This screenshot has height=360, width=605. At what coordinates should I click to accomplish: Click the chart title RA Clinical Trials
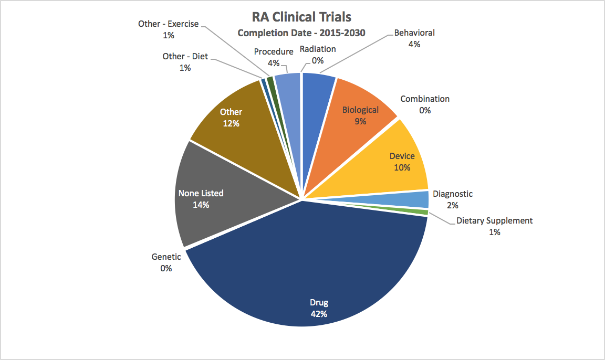pyautogui.click(x=302, y=17)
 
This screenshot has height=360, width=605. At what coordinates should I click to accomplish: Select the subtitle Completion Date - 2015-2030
pyautogui.click(x=301, y=33)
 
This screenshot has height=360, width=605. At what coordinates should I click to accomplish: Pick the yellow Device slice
pyautogui.click(x=390, y=162)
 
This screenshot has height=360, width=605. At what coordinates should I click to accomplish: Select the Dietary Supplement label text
pyautogui.click(x=494, y=220)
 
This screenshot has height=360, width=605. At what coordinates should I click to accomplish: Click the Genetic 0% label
pyautogui.click(x=166, y=262)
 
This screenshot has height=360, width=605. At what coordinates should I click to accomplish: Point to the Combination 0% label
pyautogui.click(x=425, y=104)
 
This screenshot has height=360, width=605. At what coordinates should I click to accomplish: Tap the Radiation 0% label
pyautogui.click(x=318, y=55)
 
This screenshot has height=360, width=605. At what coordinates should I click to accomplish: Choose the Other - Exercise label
pyautogui.click(x=168, y=24)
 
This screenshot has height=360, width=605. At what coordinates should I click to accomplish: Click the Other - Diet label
pyautogui.click(x=185, y=56)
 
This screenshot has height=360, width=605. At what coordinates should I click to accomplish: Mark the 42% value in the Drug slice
pyautogui.click(x=319, y=314)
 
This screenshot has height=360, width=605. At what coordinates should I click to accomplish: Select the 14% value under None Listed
pyautogui.click(x=201, y=205)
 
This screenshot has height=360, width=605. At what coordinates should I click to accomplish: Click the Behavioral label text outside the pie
pyautogui.click(x=414, y=33)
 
